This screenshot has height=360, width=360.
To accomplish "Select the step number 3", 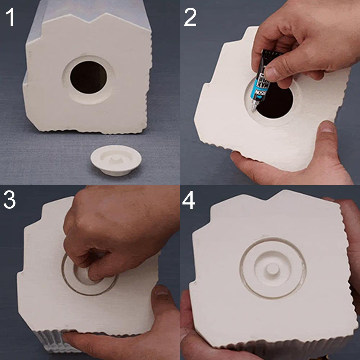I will point(10,200).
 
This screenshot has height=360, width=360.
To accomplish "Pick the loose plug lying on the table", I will point(116,160).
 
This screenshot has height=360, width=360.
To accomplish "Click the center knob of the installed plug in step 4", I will point(273,268).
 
